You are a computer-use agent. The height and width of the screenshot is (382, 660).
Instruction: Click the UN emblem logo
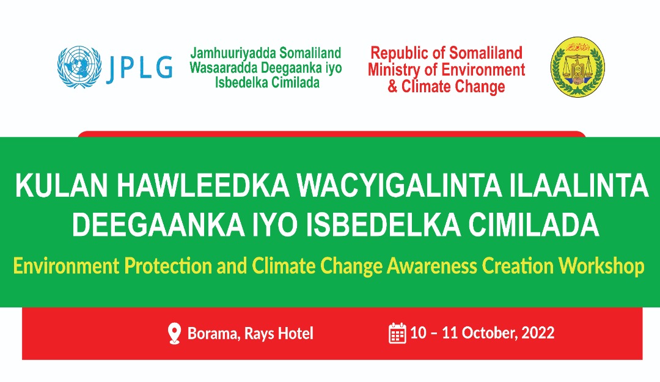click(x=78, y=67)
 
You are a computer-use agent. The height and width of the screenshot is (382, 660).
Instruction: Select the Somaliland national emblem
click(x=577, y=67)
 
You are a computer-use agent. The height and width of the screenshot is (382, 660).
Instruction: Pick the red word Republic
click(x=400, y=53)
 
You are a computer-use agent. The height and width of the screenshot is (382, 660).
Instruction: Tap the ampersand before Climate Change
click(x=392, y=86)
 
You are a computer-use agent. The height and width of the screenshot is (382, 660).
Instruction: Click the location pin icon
click(x=174, y=334)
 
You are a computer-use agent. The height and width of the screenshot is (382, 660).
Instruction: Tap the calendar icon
click(x=398, y=334)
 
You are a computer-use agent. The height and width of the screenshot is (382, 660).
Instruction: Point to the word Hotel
click(x=296, y=334)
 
